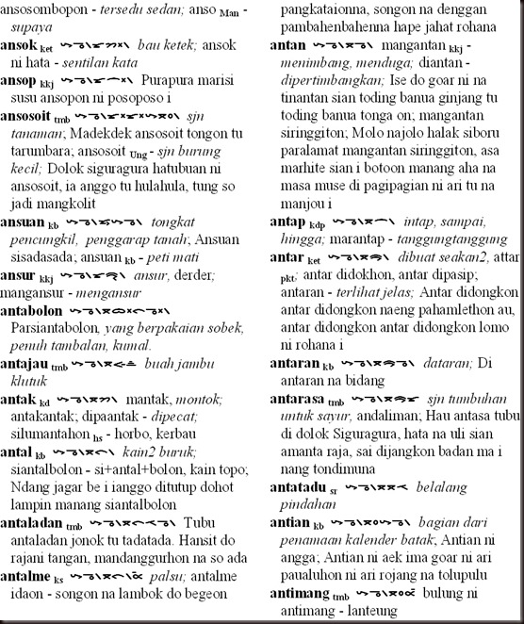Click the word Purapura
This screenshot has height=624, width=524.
click(x=164, y=81)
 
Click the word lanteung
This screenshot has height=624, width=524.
click(x=386, y=612)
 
